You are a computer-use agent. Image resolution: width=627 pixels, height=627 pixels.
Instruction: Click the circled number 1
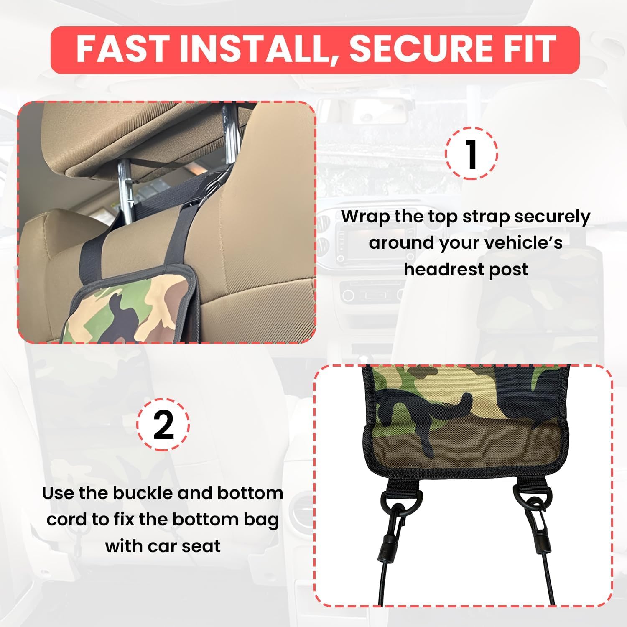472,154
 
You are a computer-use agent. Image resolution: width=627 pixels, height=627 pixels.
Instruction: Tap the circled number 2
163,425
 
